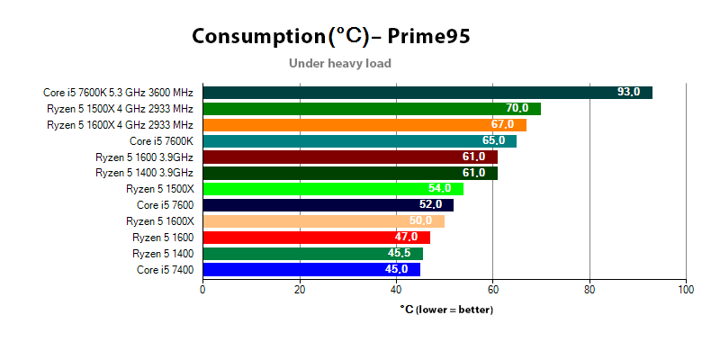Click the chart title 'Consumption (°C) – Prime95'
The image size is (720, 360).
click(330, 36)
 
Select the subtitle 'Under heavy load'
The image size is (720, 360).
click(339, 63)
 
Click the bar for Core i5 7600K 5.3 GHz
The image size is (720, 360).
click(427, 93)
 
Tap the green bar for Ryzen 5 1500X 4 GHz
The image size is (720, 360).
click(371, 109)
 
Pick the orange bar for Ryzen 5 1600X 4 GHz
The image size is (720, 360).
click(364, 124)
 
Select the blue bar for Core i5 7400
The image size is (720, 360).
click(310, 269)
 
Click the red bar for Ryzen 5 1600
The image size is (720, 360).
click(316, 238)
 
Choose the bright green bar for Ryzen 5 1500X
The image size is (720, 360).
click(333, 189)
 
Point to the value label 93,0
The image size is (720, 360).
click(628, 93)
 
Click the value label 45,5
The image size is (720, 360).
click(399, 254)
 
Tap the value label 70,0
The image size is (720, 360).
click(517, 109)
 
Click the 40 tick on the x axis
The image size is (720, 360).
click(396, 290)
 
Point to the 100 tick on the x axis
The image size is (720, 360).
click(686, 290)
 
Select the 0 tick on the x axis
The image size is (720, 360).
click(202, 290)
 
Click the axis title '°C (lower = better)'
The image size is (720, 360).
click(446, 310)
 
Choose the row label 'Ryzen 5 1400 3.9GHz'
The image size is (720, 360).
click(144, 173)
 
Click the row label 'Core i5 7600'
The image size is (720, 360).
click(165, 205)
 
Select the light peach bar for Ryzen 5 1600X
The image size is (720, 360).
click(323, 221)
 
